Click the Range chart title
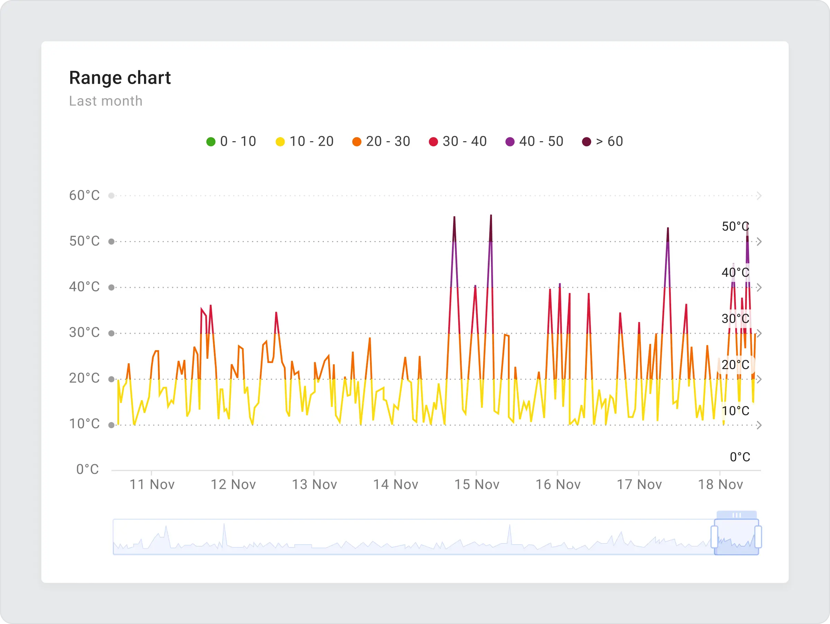tap(120, 78)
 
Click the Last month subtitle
tap(105, 101)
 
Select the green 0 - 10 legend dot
tap(211, 142)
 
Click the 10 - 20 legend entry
tap(304, 142)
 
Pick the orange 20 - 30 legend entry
tap(381, 142)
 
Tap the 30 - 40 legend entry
tap(458, 142)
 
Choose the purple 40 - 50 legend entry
tap(534, 142)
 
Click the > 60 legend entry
tap(602, 142)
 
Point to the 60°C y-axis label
tap(84, 195)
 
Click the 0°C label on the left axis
tap(88, 469)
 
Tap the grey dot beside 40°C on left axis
tap(111, 288)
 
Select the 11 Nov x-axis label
tap(152, 485)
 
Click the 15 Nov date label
tap(477, 485)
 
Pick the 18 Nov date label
tap(720, 485)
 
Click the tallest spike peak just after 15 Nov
tap(491, 216)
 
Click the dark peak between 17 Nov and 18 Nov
tap(668, 228)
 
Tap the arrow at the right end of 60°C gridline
tap(759, 196)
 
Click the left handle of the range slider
tap(714, 537)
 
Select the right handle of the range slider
tap(758, 537)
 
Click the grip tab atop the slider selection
tap(737, 515)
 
